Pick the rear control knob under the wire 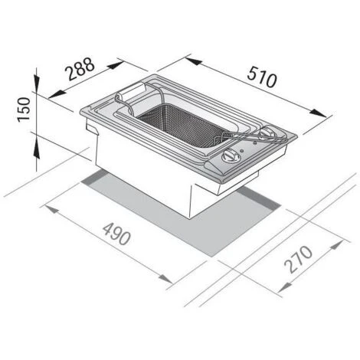pos(268,137)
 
